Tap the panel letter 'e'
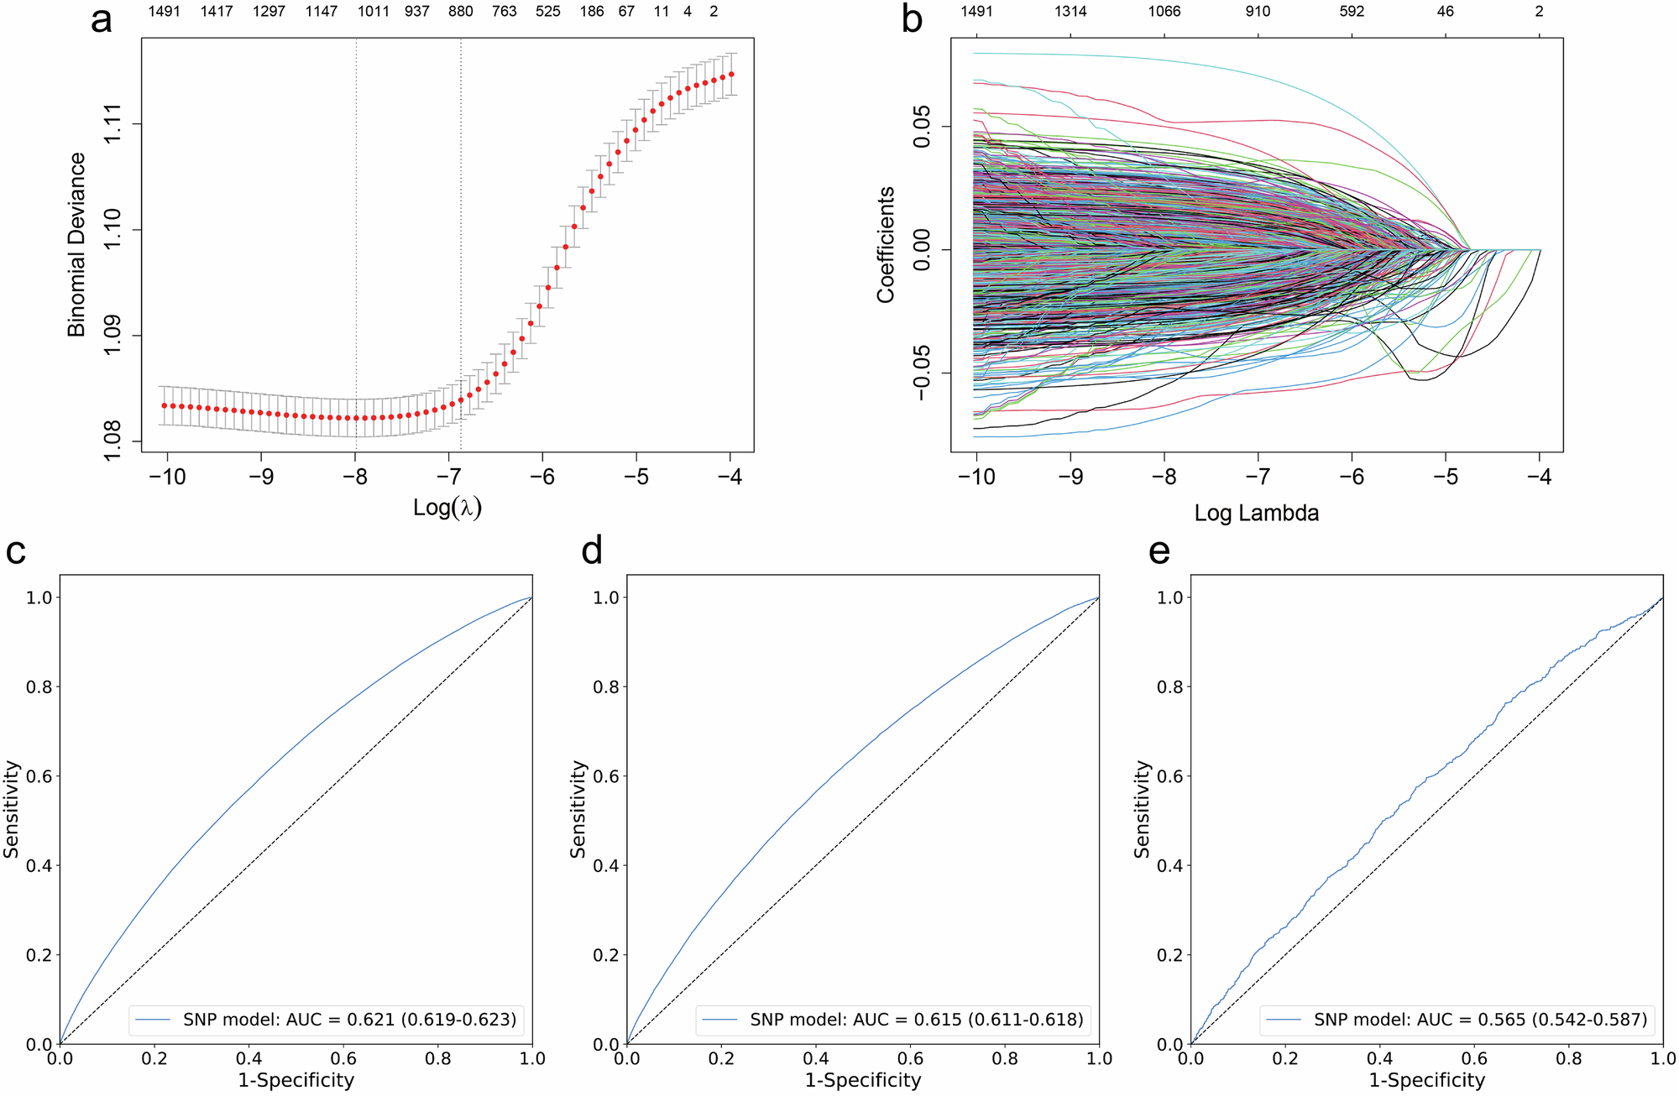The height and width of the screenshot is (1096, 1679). point(1159,551)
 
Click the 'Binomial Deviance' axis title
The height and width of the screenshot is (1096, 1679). point(77,245)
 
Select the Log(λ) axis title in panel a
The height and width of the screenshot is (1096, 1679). point(447,508)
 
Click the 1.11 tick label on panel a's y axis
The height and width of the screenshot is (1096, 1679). point(112,123)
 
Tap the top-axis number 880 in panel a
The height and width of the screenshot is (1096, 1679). point(460,12)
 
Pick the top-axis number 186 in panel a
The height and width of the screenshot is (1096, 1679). point(592,12)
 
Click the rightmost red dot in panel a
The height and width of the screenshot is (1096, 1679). point(731,74)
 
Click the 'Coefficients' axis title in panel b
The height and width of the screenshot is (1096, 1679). point(886,245)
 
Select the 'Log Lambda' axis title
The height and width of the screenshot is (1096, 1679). point(1257,513)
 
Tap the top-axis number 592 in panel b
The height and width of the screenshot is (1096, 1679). point(1352,12)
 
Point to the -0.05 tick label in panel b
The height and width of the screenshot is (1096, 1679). point(922,373)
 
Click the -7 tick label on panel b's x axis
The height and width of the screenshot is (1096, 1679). point(1258,477)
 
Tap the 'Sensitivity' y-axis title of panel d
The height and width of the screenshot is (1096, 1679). point(578,809)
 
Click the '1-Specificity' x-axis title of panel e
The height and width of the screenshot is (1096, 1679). point(1427,1080)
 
